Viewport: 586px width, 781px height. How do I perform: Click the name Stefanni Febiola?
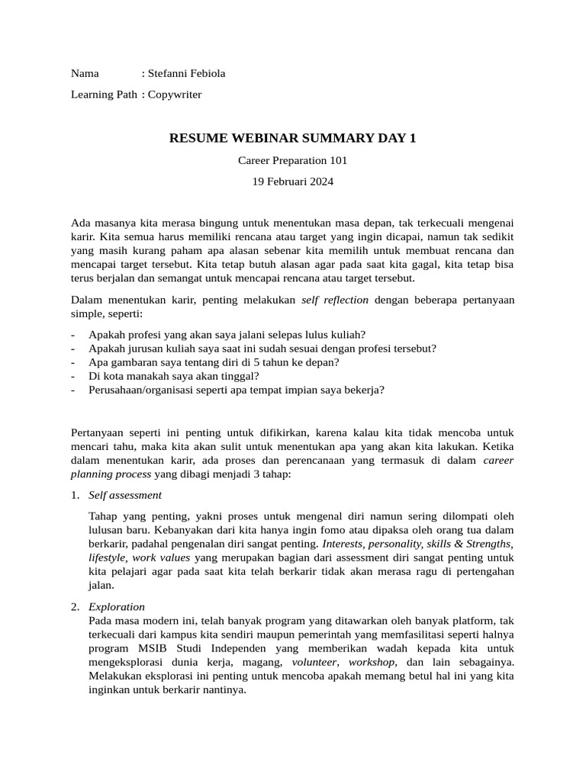pyautogui.click(x=187, y=74)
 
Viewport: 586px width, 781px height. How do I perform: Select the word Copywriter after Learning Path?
pyautogui.click(x=175, y=94)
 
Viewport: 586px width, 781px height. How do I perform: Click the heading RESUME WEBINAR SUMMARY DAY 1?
pyautogui.click(x=292, y=139)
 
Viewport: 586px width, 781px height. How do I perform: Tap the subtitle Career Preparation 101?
pyautogui.click(x=292, y=161)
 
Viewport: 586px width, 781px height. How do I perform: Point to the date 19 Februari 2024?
pyautogui.click(x=292, y=182)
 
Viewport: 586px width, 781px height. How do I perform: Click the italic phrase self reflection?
pyautogui.click(x=335, y=300)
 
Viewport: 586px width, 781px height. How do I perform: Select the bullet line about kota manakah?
pyautogui.click(x=174, y=376)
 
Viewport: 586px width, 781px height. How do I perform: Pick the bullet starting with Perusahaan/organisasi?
pyautogui.click(x=237, y=390)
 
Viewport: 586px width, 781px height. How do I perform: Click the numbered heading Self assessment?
pyautogui.click(x=125, y=495)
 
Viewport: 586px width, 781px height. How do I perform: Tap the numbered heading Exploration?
pyautogui.click(x=117, y=607)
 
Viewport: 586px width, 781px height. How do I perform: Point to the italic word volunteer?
pyautogui.click(x=314, y=662)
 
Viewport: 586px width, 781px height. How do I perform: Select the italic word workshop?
pyautogui.click(x=372, y=662)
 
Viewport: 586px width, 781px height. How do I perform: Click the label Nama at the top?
pyautogui.click(x=85, y=74)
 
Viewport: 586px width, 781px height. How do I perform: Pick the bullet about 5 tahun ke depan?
pyautogui.click(x=214, y=362)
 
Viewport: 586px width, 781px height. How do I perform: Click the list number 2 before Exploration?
pyautogui.click(x=75, y=607)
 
